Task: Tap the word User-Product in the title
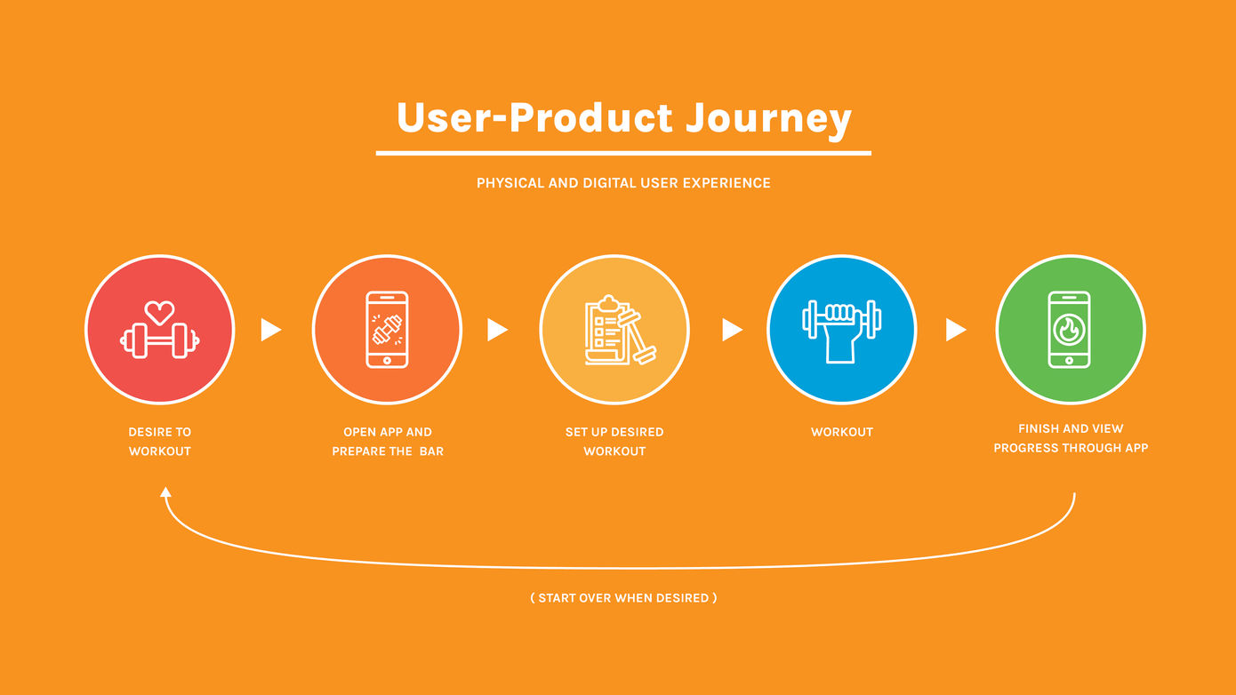534,118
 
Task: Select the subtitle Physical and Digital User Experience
623,183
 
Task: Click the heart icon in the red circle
159,312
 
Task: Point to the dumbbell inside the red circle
160,341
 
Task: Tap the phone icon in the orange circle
387,330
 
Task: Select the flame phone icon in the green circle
1069,330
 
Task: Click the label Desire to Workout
160,442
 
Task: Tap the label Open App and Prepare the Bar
388,442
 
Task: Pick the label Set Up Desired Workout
614,442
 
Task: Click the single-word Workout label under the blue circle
842,432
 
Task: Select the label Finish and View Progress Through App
1071,438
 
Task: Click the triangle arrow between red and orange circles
270,330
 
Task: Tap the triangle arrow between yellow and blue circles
731,330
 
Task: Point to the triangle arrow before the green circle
955,330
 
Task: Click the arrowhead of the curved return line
165,492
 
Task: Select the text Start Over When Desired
623,598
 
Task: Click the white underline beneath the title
622,153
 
